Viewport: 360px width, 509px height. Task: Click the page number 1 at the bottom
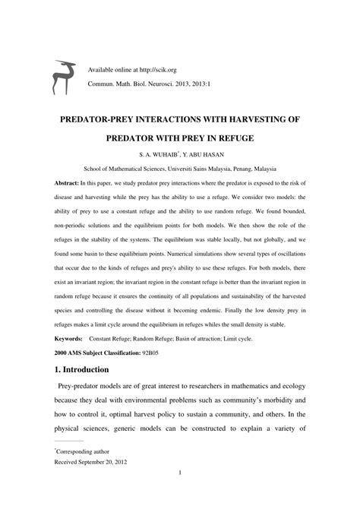pos(180,495)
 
